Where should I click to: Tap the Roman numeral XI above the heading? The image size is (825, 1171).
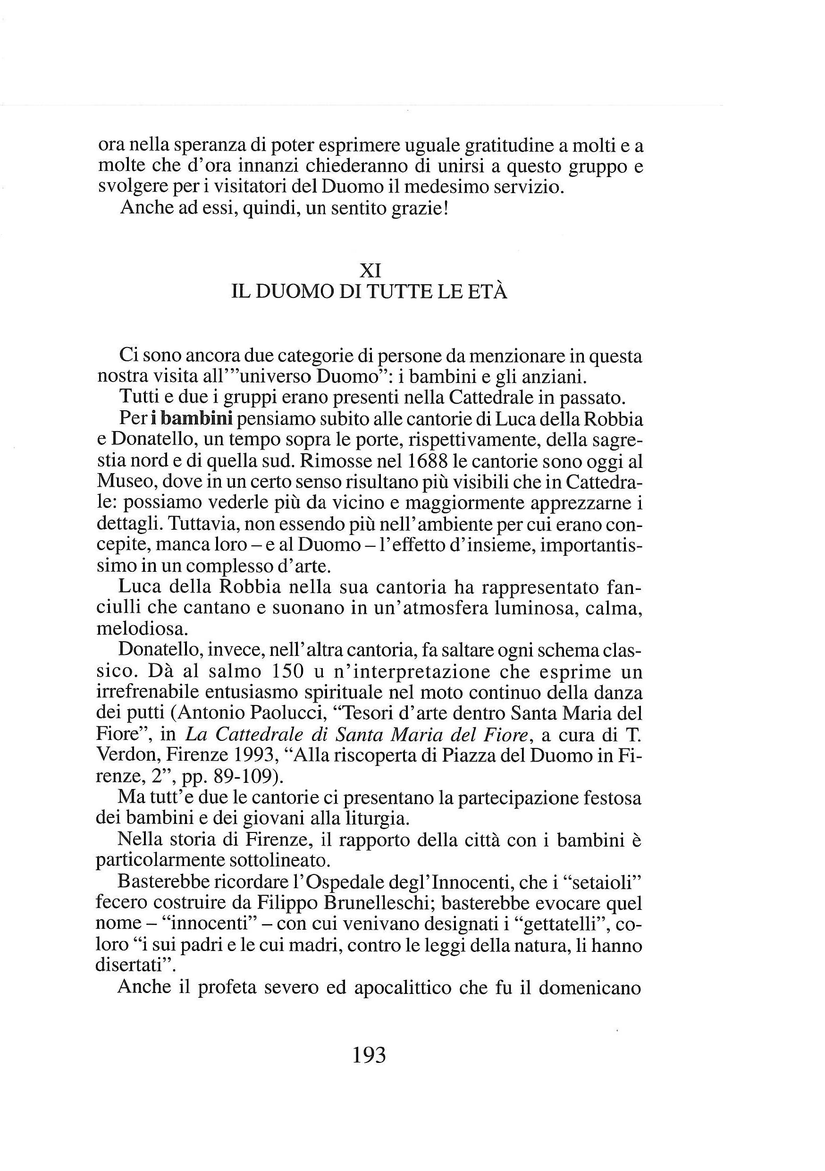click(x=370, y=270)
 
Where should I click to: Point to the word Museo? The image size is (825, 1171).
click(x=121, y=482)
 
